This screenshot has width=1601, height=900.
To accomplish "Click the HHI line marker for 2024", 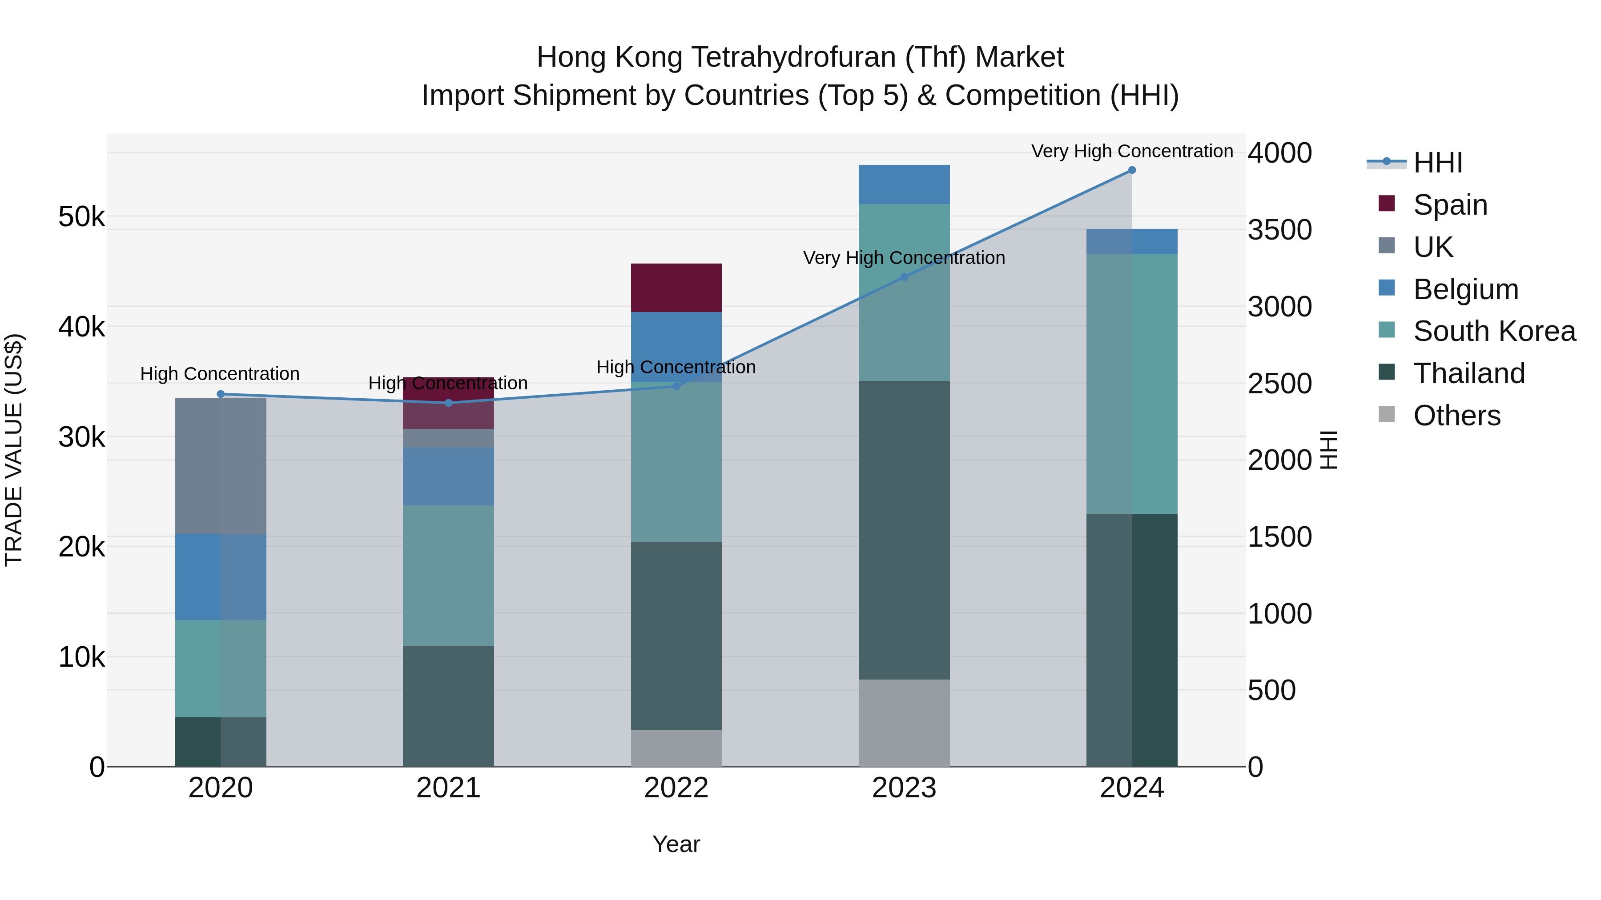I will (x=1132, y=170).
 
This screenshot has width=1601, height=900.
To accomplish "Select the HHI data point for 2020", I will (x=221, y=394).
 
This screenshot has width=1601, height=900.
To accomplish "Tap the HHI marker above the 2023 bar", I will (x=904, y=277).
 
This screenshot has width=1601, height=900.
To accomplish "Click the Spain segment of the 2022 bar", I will (x=676, y=288).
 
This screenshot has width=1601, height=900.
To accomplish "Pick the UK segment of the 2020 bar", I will (x=221, y=466).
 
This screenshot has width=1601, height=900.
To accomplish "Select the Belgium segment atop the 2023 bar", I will (x=904, y=184).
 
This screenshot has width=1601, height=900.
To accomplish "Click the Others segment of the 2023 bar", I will (x=904, y=722).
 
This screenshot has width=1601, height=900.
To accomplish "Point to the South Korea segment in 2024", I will (x=1132, y=384).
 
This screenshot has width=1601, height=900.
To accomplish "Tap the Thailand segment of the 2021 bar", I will (x=448, y=706).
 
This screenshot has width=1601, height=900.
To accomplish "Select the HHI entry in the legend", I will (x=1437, y=163).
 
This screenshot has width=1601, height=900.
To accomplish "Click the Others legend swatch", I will (x=1387, y=414).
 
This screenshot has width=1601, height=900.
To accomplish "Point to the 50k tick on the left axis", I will (x=81, y=217).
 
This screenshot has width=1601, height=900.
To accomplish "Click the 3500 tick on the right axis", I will (x=1279, y=230).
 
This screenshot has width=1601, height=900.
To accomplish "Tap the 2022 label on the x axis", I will (x=676, y=788).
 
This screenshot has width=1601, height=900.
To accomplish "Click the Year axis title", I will (x=676, y=844).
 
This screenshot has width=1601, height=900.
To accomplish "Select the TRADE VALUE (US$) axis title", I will (x=14, y=450).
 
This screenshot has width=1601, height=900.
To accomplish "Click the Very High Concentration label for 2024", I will (x=1132, y=151).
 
